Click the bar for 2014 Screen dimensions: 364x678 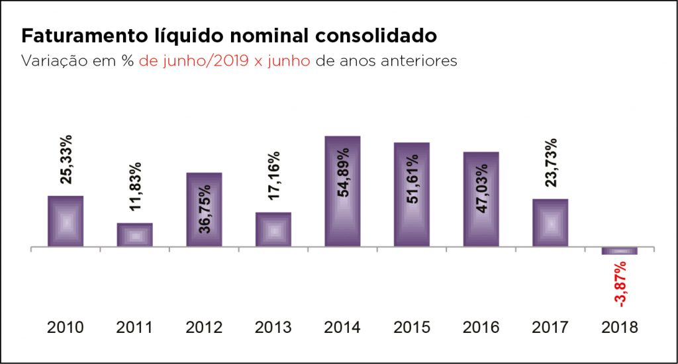pos(342,192)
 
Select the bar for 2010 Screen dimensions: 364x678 pos(66,221)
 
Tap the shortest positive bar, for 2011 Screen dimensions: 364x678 pos(135,234)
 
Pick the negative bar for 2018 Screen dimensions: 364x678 pos(620,251)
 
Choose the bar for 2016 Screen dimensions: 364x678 pos(481,199)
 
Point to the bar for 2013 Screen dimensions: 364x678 pos(273,229)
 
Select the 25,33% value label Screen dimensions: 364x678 pos(66,159)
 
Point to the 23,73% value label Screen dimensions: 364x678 pos(551,163)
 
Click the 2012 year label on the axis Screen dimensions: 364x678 pos(204,328)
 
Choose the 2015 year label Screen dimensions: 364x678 pos(412,328)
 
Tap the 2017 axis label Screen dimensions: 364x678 pos(550,328)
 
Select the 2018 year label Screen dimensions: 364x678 pos(620,328)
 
